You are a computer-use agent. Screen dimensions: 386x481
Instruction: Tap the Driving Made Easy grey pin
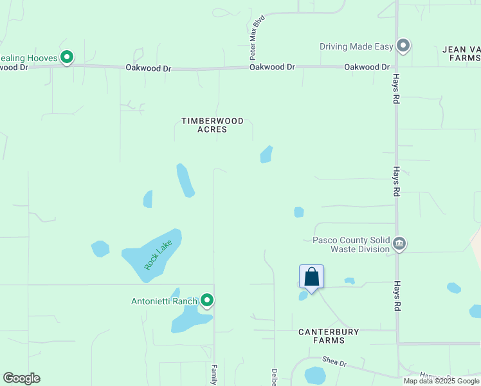coord(403,46)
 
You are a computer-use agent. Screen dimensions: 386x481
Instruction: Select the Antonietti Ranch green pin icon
coord(207,300)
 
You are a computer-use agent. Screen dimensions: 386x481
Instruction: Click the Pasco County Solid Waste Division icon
coord(399,244)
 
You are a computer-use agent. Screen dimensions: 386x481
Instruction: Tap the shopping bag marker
coord(311,277)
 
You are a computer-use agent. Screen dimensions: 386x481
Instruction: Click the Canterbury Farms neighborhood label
coord(329,336)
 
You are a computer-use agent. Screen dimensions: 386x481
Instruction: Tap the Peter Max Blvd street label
coord(257,39)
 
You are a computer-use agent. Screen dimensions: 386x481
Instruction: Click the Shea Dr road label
coord(334,363)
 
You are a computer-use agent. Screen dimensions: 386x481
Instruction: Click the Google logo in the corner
coord(21,378)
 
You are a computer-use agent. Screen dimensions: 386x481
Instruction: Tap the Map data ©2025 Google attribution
coord(441,381)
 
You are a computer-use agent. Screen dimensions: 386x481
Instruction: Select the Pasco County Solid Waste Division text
coord(351,244)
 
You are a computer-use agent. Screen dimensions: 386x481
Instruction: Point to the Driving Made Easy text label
coord(356,46)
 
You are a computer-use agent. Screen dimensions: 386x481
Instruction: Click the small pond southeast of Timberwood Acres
coord(266,154)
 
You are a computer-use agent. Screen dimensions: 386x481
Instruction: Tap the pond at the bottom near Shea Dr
coord(315,374)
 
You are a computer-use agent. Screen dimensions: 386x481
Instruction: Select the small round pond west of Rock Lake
coord(100,248)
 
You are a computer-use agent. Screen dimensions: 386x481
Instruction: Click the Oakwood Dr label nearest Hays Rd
coord(367,67)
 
